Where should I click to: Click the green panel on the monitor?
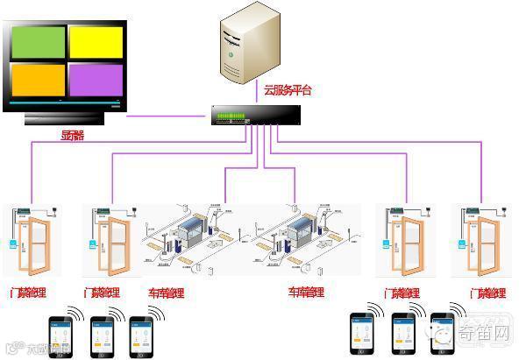coord(38,43)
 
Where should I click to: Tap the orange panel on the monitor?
coord(38,80)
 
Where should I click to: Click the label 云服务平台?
coord(287,90)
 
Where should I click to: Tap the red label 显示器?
coord(72,136)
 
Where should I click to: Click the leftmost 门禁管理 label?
coord(27,293)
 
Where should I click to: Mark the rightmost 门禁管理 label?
coord(487,293)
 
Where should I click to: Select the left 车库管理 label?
coord(167,293)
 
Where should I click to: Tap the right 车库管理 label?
coord(307,293)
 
